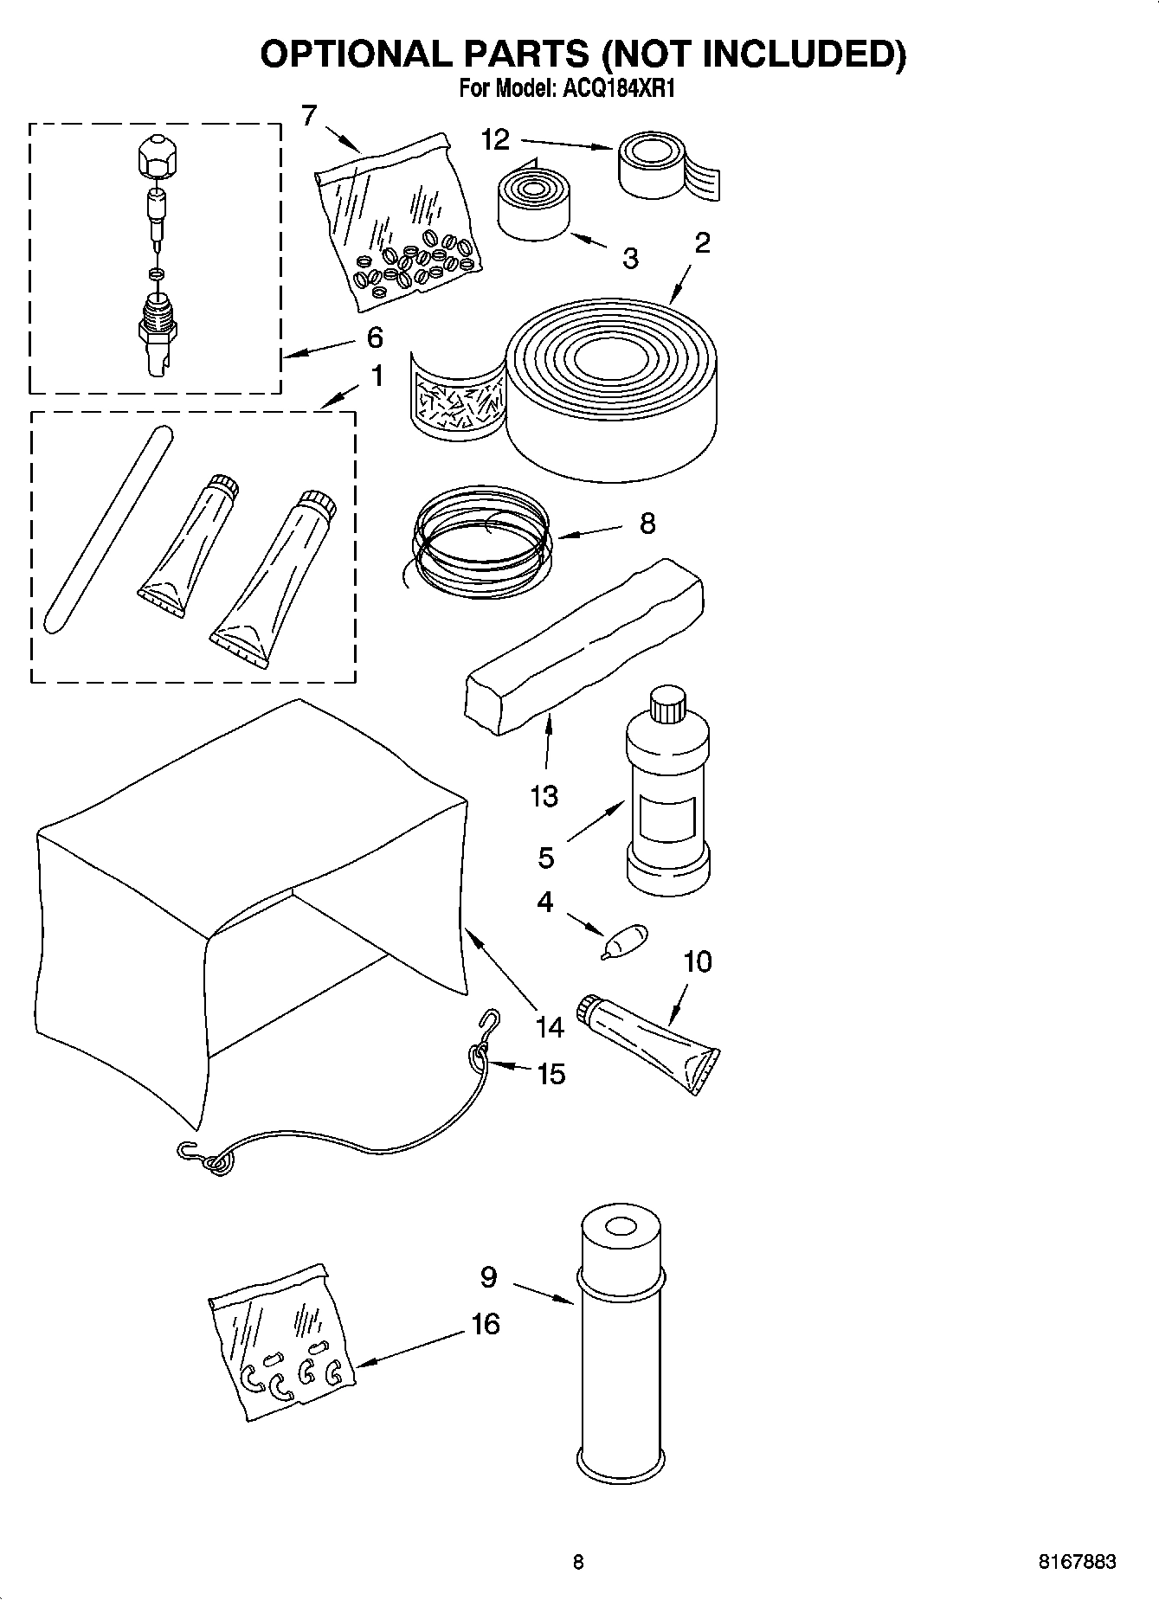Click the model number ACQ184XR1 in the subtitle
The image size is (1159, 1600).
[x=621, y=89]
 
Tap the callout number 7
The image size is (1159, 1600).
[x=309, y=115]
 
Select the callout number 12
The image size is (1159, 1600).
[x=495, y=140]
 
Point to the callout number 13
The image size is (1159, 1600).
[x=544, y=795]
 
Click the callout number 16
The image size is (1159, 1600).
[x=486, y=1323]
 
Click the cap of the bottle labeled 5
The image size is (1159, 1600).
[x=667, y=704]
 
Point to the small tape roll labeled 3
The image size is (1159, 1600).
[x=533, y=205]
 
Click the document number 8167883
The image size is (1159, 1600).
[x=1077, y=1562]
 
